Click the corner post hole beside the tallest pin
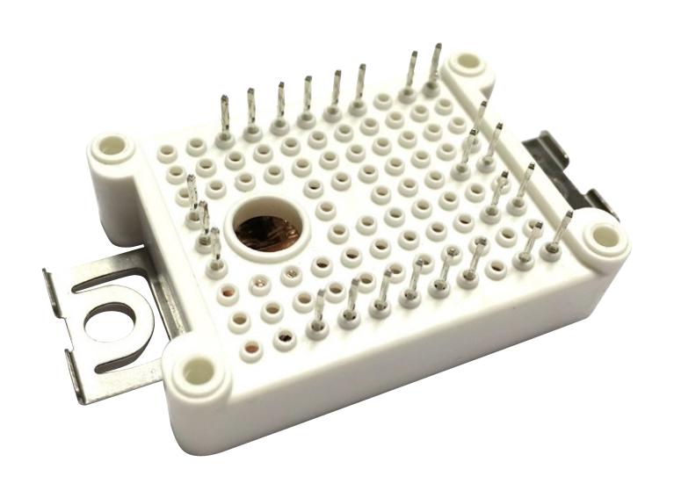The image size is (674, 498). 465,63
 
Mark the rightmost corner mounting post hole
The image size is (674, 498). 603,235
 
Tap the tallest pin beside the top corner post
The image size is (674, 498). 434,67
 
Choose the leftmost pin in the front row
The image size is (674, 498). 318,312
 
